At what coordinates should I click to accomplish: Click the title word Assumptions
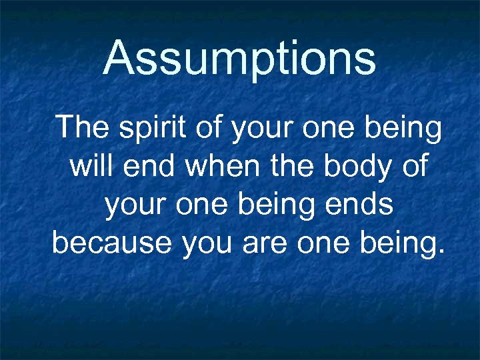point(240,58)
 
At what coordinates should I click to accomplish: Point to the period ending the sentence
point(438,252)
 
